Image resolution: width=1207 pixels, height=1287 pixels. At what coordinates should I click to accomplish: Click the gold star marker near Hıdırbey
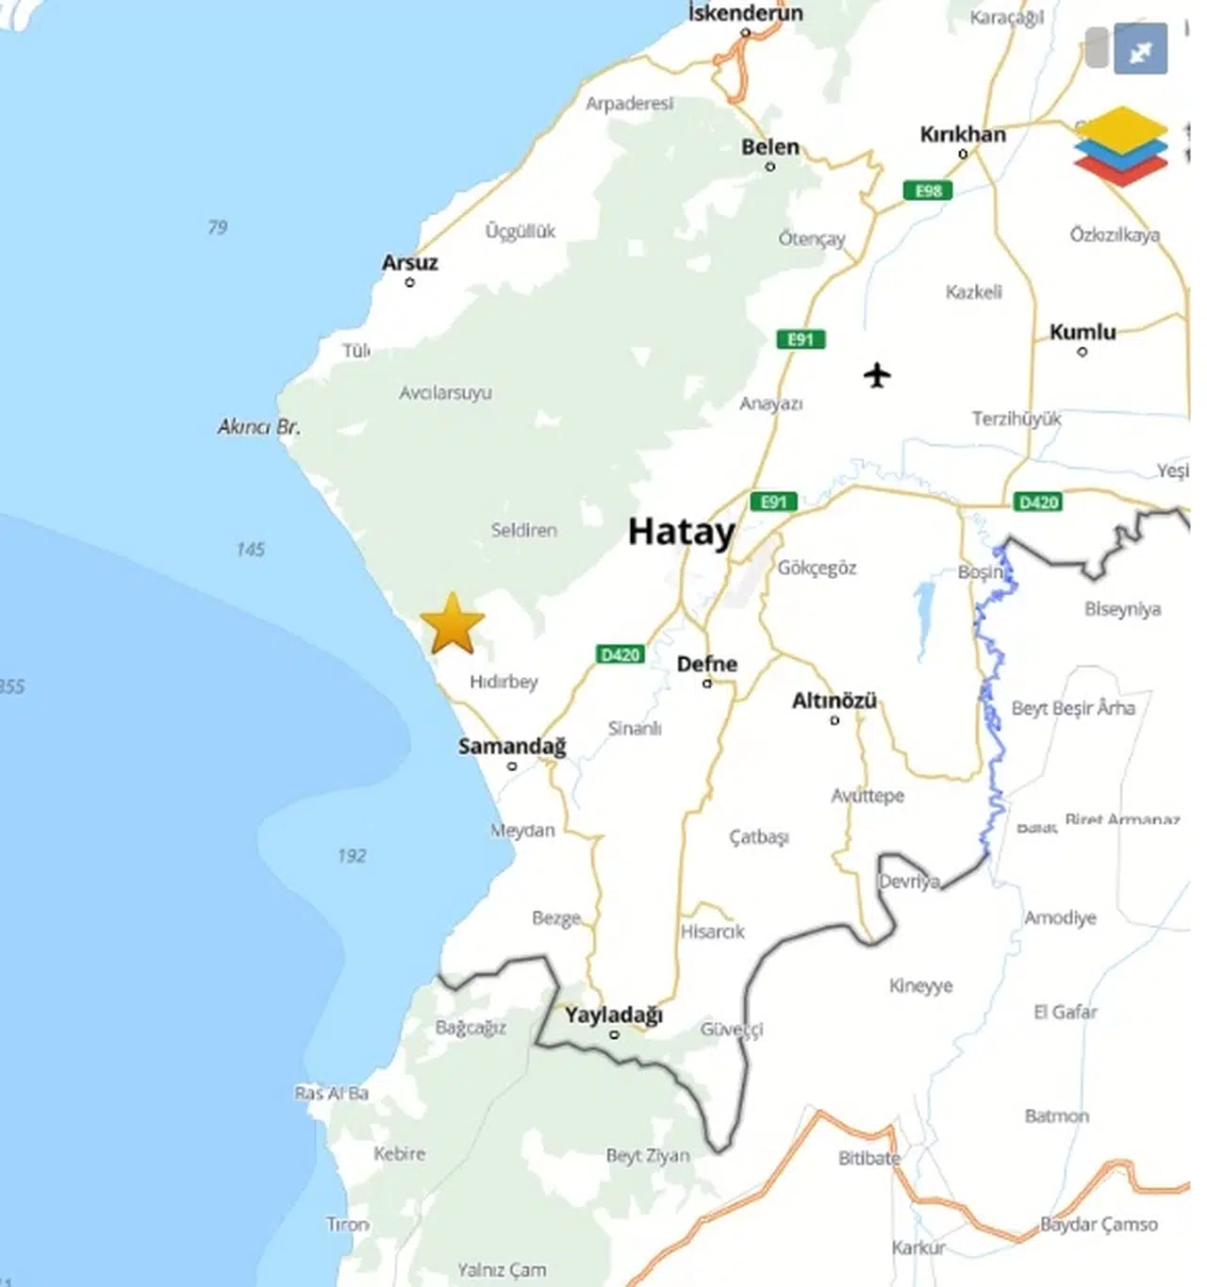tap(453, 624)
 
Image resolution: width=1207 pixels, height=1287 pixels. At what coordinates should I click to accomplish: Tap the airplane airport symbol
tap(877, 375)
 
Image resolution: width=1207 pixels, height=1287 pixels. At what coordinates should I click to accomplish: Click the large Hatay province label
tap(681, 532)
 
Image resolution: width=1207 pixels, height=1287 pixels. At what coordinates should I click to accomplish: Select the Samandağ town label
tap(512, 747)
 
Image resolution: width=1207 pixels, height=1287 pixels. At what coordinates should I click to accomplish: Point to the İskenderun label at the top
tap(745, 13)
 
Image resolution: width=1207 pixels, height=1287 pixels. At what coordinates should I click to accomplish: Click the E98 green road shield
tap(928, 190)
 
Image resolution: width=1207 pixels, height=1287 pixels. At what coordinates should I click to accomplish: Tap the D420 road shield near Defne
tap(620, 654)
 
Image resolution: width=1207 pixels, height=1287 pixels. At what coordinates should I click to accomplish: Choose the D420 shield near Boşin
tap(1038, 503)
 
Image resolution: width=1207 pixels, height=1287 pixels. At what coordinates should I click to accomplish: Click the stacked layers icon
tap(1119, 146)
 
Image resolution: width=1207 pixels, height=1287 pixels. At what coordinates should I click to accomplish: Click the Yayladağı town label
tap(613, 1015)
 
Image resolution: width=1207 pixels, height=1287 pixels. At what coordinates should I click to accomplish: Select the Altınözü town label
tap(834, 701)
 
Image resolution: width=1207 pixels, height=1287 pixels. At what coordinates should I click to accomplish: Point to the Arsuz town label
tap(409, 263)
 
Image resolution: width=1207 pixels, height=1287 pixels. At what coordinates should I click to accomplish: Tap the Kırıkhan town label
tap(962, 135)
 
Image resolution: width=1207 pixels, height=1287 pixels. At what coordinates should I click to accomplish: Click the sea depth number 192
tap(351, 856)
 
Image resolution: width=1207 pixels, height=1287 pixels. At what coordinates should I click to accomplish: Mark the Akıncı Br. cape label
tap(258, 427)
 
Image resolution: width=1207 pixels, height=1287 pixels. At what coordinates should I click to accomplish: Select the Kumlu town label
tap(1082, 332)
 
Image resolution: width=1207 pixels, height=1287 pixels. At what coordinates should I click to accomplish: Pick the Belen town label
tap(769, 147)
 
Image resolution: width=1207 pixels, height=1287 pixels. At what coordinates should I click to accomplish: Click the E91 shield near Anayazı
tap(801, 339)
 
